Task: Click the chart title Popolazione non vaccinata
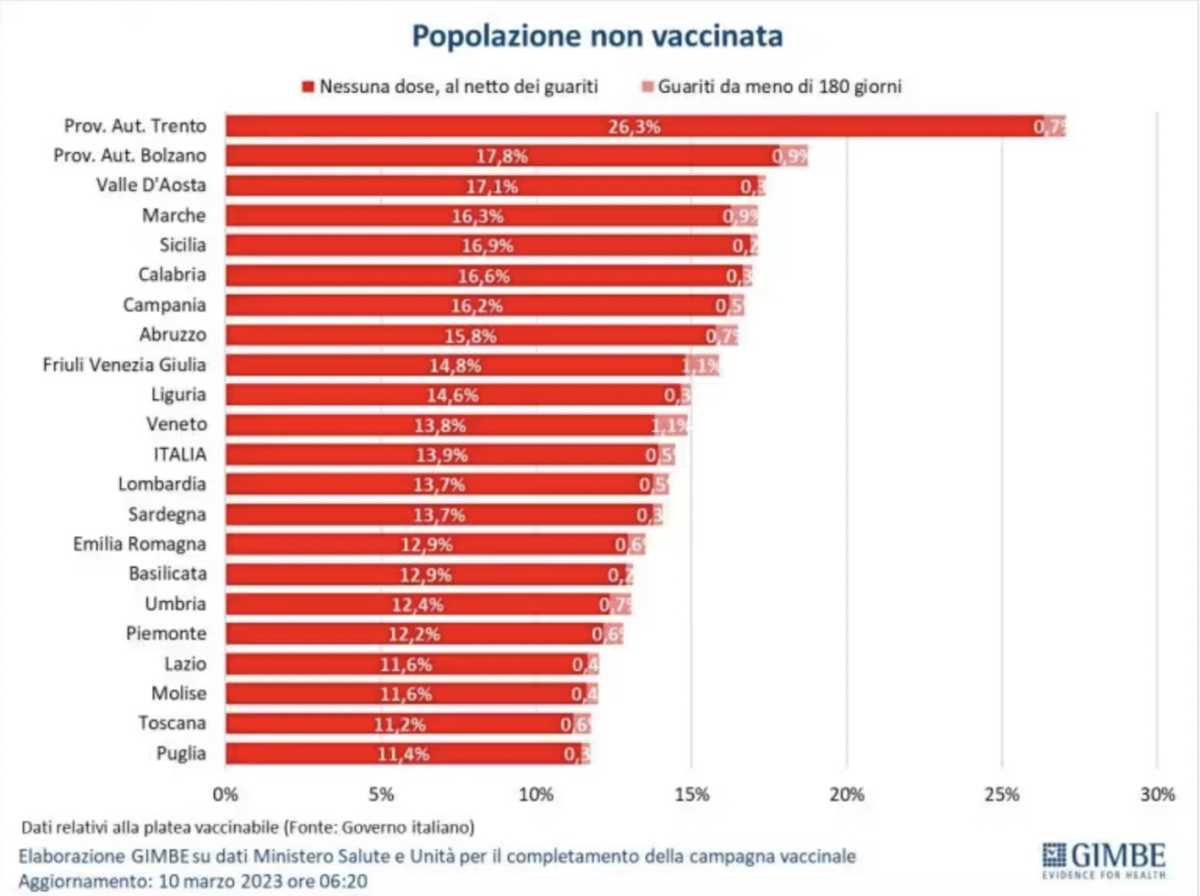(598, 37)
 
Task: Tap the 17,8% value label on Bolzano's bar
(502, 156)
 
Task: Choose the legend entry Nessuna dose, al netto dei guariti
(458, 87)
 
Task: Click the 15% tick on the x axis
(691, 795)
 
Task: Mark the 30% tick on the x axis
(1157, 795)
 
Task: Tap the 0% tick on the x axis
(225, 795)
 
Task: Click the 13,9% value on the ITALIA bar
(441, 455)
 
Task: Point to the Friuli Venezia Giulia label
(124, 364)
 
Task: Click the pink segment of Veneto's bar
(671, 425)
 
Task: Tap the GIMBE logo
(1104, 859)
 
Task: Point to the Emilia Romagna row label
(140, 544)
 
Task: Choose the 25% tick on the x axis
(1001, 795)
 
